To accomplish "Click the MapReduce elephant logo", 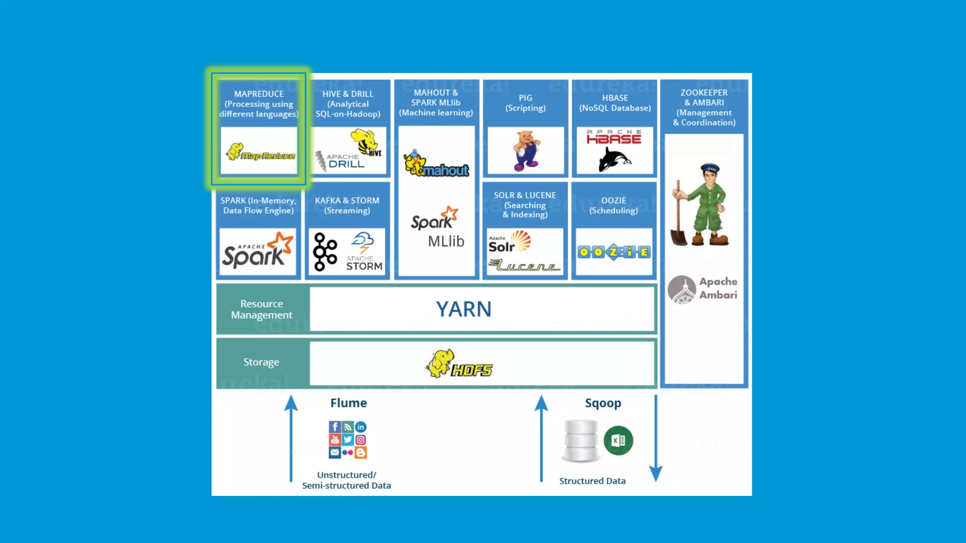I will click(235, 152).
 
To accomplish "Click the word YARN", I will click(463, 309).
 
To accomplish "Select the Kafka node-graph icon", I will click(325, 252).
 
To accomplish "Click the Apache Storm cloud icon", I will click(363, 242).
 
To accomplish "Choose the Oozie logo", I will click(614, 252).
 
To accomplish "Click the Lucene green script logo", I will click(525, 266).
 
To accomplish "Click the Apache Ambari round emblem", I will click(682, 289).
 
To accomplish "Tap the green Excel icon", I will click(618, 440).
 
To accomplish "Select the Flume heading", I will click(348, 403).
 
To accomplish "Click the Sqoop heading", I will click(603, 403).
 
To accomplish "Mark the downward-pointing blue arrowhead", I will click(656, 473).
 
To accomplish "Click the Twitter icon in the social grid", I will click(348, 439).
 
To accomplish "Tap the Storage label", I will click(261, 362).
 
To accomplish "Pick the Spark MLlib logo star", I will click(450, 213).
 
